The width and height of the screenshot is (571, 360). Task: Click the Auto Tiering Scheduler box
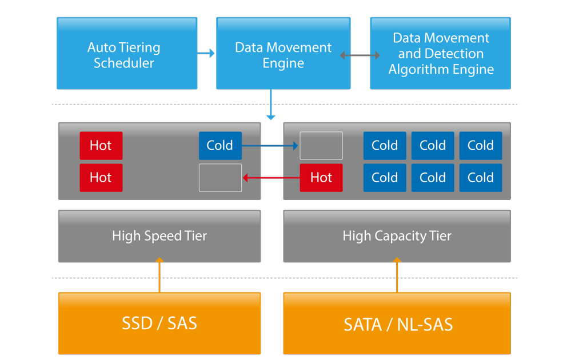pyautogui.click(x=127, y=53)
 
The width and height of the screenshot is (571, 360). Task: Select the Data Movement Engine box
pyautogui.click(x=283, y=53)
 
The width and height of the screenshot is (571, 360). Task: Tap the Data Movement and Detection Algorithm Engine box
pyautogui.click(x=440, y=53)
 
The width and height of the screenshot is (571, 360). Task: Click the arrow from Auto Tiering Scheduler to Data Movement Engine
pyautogui.click(x=206, y=54)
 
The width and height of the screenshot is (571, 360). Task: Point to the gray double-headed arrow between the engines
pyautogui.click(x=360, y=55)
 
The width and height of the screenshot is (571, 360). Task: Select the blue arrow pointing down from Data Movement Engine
pyautogui.click(x=270, y=105)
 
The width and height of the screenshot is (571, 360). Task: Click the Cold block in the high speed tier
pyautogui.click(x=220, y=146)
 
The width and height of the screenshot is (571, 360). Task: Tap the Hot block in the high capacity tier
pyautogui.click(x=321, y=178)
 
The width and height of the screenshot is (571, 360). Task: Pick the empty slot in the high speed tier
pyautogui.click(x=220, y=178)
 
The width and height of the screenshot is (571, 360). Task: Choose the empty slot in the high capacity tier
pyautogui.click(x=321, y=146)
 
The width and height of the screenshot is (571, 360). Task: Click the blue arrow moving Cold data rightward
pyautogui.click(x=270, y=146)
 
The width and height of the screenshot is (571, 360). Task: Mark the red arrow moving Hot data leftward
pyautogui.click(x=271, y=178)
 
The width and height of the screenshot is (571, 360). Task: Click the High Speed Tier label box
pyautogui.click(x=159, y=236)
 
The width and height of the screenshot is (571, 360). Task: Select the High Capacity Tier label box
pyautogui.click(x=397, y=236)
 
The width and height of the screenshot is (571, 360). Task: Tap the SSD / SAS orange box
pyautogui.click(x=159, y=323)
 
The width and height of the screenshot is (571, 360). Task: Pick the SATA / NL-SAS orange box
pyautogui.click(x=397, y=323)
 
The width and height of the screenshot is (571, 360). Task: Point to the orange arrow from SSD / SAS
pyautogui.click(x=159, y=275)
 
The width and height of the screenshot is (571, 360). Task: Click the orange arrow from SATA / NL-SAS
pyautogui.click(x=397, y=275)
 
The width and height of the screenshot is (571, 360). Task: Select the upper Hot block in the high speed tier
pyautogui.click(x=101, y=146)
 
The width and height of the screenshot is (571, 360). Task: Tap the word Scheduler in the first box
pyautogui.click(x=124, y=63)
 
